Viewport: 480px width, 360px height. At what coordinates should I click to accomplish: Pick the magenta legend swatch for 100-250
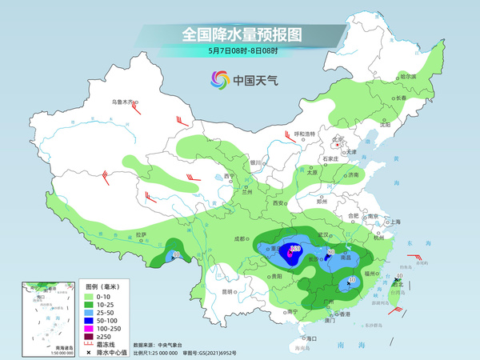[90, 328]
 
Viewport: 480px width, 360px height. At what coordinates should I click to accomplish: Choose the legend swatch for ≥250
[90, 336]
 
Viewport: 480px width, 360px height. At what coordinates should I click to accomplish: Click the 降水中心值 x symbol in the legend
[90, 351]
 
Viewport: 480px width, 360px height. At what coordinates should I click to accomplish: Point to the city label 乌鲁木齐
[122, 102]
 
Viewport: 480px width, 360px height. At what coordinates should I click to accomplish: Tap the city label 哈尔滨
[407, 76]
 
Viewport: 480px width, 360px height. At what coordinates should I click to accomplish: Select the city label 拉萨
[142, 234]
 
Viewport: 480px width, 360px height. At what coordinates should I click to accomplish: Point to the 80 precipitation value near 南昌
[330, 253]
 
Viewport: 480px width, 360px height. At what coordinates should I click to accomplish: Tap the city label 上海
[394, 222]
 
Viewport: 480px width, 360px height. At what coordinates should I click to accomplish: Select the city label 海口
[311, 338]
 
